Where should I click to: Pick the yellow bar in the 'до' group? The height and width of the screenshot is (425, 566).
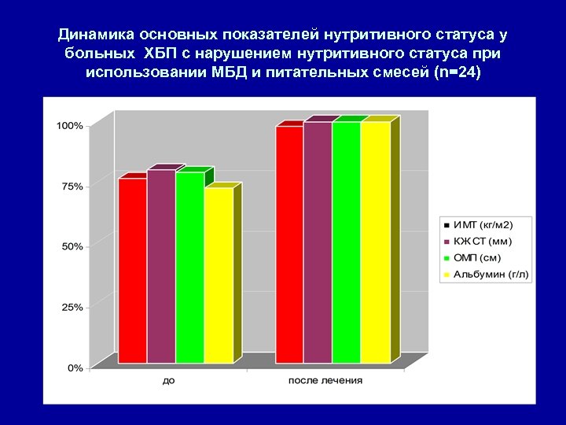[x=218, y=275]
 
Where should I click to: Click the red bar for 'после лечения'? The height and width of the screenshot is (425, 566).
[x=289, y=244]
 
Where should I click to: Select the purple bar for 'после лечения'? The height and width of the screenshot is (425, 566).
[x=318, y=242]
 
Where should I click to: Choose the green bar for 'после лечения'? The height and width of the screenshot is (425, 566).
[x=346, y=242]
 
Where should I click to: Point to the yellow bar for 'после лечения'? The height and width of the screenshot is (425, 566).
[x=375, y=242]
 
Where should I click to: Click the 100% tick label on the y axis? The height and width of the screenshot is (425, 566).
[x=69, y=126]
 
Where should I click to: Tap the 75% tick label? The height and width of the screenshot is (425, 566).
[x=72, y=187]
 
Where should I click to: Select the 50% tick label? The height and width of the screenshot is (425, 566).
[x=72, y=246]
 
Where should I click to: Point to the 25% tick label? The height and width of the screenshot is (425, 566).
[x=72, y=307]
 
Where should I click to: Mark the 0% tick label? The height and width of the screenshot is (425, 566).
[x=75, y=368]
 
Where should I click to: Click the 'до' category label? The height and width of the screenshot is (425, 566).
[x=169, y=381]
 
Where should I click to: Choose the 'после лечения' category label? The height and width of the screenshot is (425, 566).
[x=325, y=381]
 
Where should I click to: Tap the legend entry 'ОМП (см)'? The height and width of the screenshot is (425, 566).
[x=477, y=258]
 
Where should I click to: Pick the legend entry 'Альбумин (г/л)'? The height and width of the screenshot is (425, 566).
[x=488, y=274]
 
